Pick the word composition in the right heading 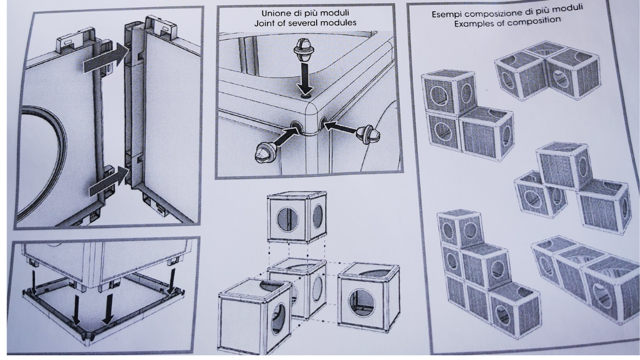[x=534, y=21]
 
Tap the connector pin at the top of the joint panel [x=304, y=51]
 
